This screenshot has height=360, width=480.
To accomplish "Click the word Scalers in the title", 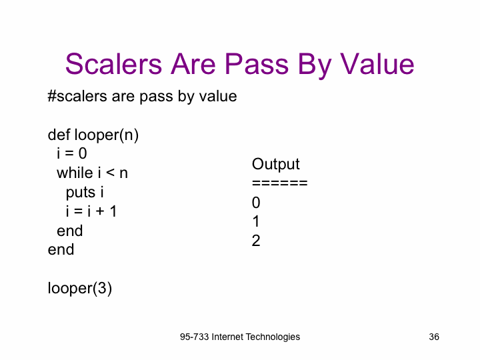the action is (x=113, y=64).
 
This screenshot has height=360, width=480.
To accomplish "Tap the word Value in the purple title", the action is (x=377, y=64).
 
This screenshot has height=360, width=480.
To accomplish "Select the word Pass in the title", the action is (x=257, y=64).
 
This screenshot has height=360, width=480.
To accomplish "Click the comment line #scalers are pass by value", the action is (x=143, y=97).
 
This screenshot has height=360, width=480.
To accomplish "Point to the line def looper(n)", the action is (x=93, y=135).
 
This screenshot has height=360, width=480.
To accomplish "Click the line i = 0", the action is (x=72, y=153).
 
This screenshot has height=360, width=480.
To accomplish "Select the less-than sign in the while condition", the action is (x=110, y=173).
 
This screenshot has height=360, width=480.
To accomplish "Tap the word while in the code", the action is (x=75, y=173).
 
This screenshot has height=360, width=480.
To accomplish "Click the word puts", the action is (x=81, y=193).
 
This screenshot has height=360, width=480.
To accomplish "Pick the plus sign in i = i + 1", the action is (x=100, y=211).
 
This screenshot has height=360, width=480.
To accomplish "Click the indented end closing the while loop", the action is (x=70, y=231).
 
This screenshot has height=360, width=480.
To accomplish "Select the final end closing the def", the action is (x=61, y=249).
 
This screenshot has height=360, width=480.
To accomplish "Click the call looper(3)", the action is (x=80, y=288).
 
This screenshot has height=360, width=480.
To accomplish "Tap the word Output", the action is (x=276, y=165).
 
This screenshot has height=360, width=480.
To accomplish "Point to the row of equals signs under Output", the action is (x=280, y=183).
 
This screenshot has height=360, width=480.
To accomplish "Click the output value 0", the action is (x=256, y=203).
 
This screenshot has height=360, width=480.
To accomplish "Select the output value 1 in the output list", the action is (x=256, y=221).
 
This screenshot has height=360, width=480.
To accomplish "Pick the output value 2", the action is (x=256, y=241).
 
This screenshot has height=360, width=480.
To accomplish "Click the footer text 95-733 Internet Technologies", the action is (x=240, y=337).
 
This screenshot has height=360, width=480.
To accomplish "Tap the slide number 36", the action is (x=434, y=337).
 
